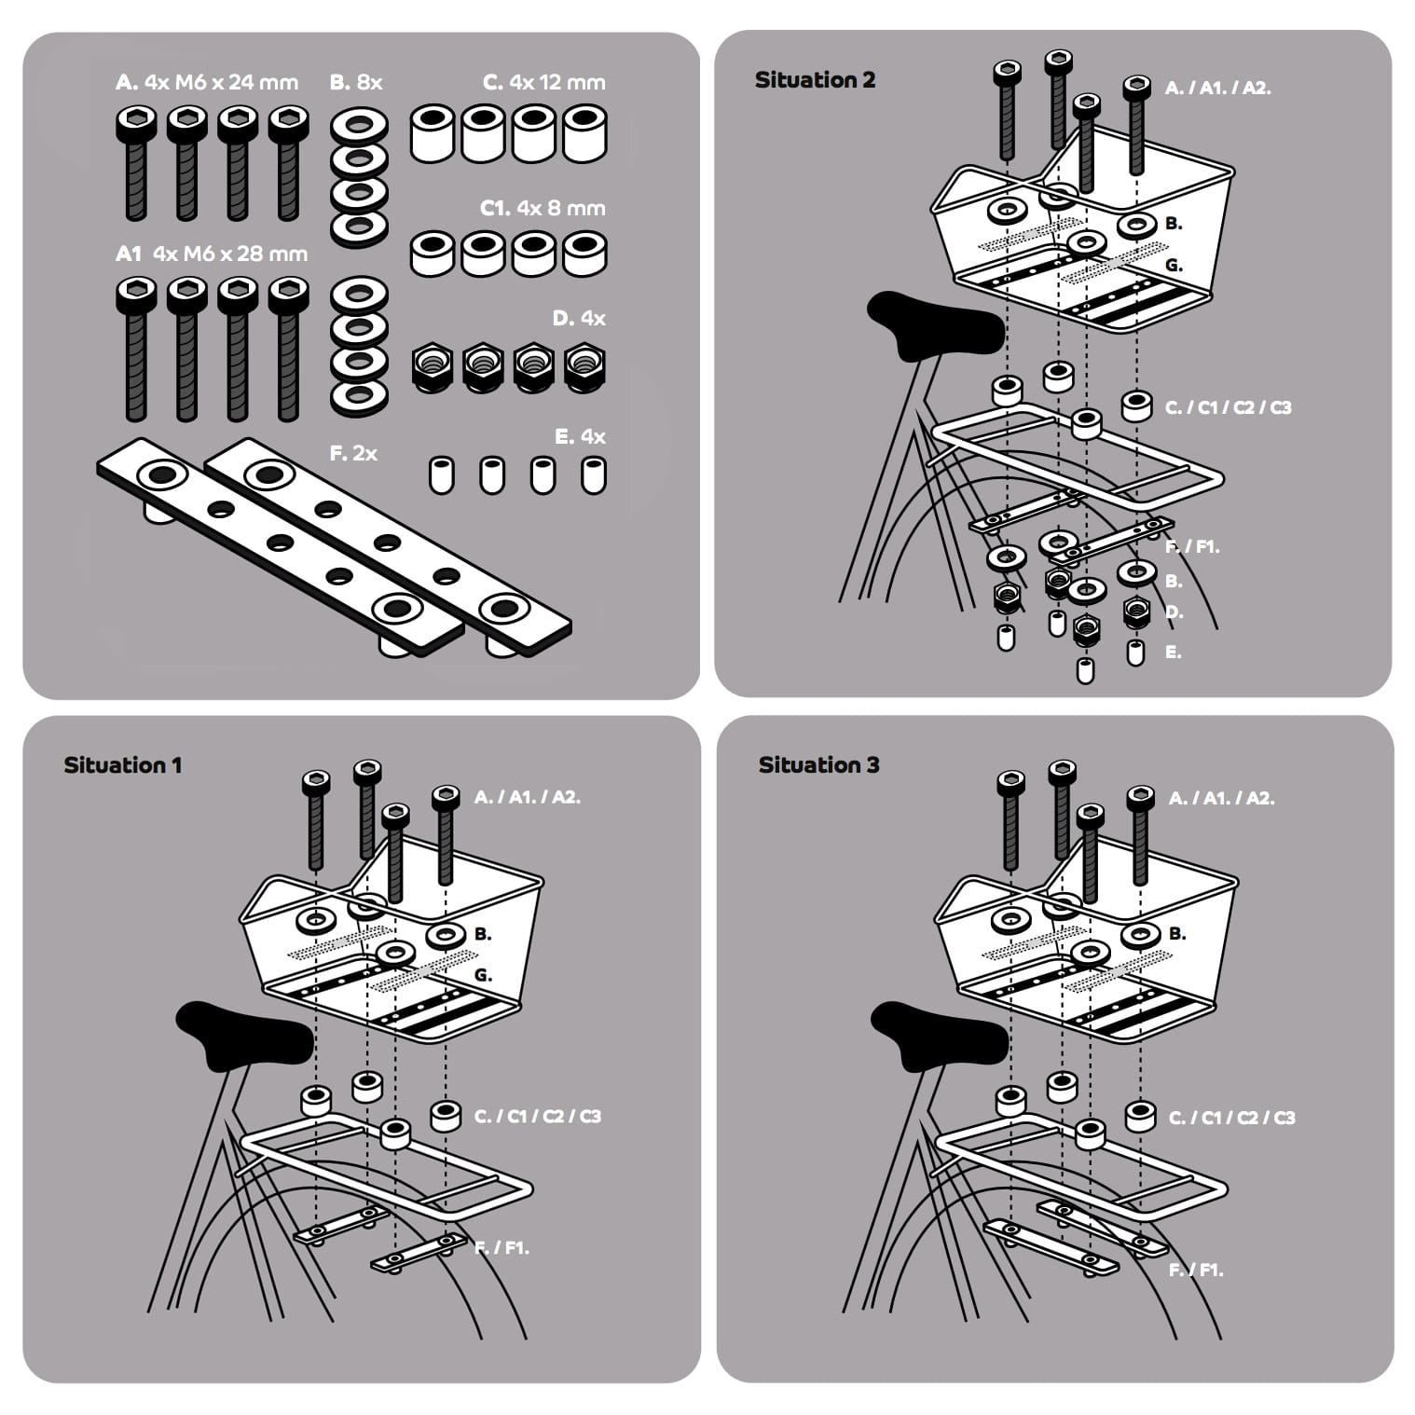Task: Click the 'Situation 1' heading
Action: [x=122, y=765]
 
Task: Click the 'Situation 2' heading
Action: [x=815, y=80]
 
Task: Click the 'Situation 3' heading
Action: [x=818, y=765]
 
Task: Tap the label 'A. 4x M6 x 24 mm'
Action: [x=207, y=82]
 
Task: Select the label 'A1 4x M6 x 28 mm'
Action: [x=212, y=254]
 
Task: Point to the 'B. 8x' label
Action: [x=356, y=82]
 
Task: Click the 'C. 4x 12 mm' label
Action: [x=544, y=82]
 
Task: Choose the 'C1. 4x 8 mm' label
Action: [x=543, y=208]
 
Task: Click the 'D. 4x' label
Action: [x=578, y=318]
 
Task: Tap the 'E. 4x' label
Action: [x=580, y=436]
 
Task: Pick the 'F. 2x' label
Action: [x=353, y=453]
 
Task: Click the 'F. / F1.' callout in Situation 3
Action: [x=1195, y=1270]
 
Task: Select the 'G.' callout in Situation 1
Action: [x=483, y=975]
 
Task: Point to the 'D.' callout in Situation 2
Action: [x=1175, y=612]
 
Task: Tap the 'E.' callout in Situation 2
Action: [x=1174, y=653]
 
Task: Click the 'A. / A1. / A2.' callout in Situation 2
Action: [x=1217, y=89]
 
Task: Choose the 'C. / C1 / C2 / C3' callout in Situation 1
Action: [x=537, y=1116]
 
